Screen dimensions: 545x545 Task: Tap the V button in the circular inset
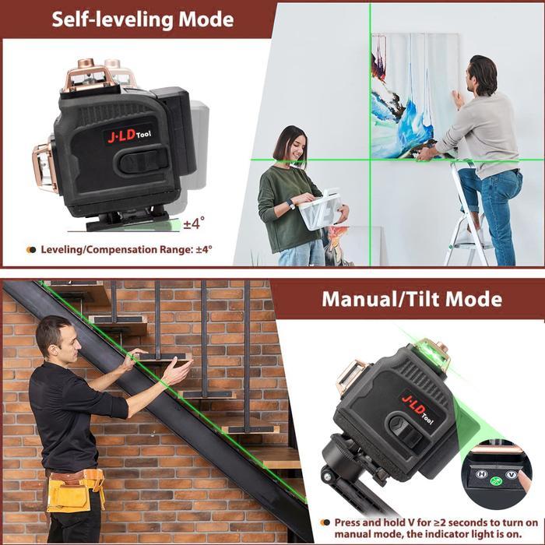pos(511,474)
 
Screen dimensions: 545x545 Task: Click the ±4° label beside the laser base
pos(193,224)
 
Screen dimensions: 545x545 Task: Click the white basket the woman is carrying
pos(322,207)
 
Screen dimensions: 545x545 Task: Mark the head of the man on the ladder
pos(483,75)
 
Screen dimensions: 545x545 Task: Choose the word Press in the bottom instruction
pos(350,522)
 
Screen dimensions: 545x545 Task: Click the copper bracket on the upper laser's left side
pos(44,166)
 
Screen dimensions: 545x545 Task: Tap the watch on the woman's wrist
pos(290,203)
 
